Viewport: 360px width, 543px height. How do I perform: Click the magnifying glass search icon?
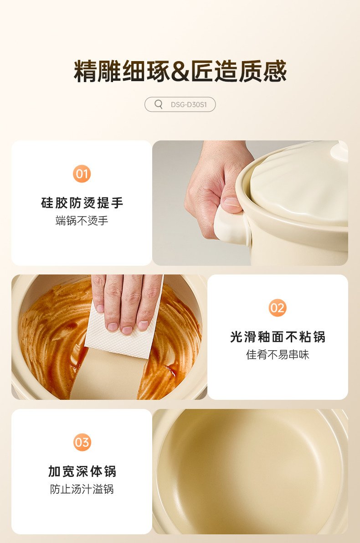pos(159,104)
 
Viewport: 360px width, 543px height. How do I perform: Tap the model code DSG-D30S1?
pos(189,104)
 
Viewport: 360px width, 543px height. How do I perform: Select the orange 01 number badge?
pos(82,174)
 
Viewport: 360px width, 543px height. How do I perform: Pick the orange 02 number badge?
pos(277,308)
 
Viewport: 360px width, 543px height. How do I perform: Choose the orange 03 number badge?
pos(82,442)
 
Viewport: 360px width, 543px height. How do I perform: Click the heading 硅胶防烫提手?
pos(82,203)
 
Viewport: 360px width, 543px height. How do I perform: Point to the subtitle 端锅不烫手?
pos(82,221)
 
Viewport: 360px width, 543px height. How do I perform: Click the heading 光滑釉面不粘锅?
pos(278,337)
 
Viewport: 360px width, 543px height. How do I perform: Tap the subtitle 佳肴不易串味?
pos(278,355)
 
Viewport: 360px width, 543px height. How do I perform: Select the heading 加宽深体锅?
pos(82,471)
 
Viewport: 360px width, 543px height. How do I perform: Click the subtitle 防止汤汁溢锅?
pos(82,489)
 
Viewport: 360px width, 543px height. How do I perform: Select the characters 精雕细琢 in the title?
pos(122,72)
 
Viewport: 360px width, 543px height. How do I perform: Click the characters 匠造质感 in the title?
pos(239,72)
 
